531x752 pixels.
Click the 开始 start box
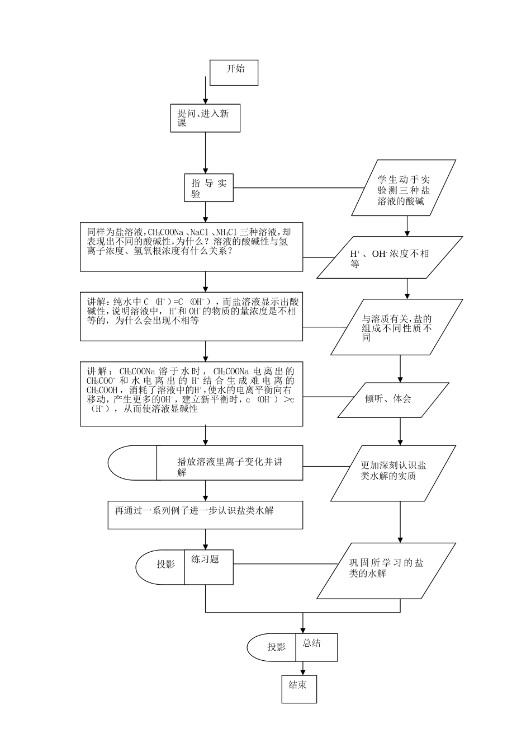pyautogui.click(x=234, y=72)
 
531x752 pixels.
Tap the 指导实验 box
pyautogui.click(x=209, y=187)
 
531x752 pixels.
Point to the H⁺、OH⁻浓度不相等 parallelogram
pyautogui.click(x=390, y=257)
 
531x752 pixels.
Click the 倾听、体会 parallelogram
pyautogui.click(x=393, y=399)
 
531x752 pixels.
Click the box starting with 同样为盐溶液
pyautogui.click(x=191, y=247)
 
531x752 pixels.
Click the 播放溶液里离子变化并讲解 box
pyautogui.click(x=229, y=463)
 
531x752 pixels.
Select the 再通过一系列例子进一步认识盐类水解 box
pyautogui.click(x=205, y=515)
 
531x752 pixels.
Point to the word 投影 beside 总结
pyautogui.click(x=276, y=647)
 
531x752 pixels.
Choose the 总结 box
pyautogui.click(x=316, y=647)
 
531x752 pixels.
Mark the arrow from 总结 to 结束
pyautogui.click(x=303, y=668)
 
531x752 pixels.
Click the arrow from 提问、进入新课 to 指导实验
pyautogui.click(x=205, y=152)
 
